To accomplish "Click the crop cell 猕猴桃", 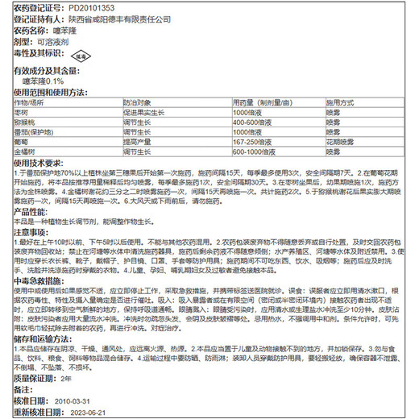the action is pyautogui.click(x=27, y=122).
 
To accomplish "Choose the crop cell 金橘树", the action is pyautogui.click(x=27, y=150).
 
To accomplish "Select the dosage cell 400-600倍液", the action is pyautogui.click(x=256, y=122).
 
